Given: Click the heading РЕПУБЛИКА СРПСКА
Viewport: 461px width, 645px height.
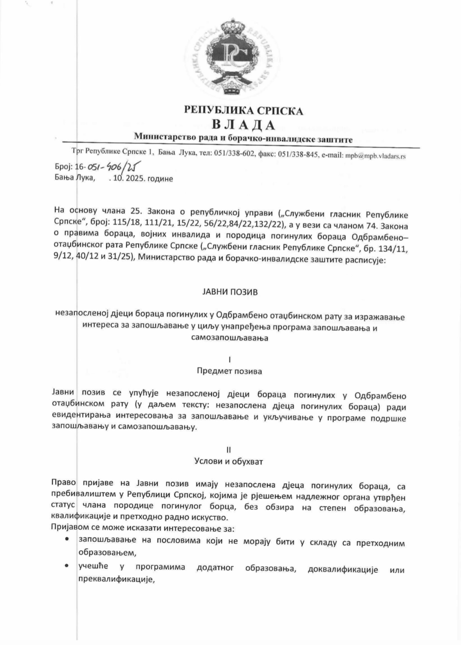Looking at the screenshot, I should (x=243, y=110).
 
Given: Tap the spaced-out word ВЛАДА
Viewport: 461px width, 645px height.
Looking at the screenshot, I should (x=243, y=125).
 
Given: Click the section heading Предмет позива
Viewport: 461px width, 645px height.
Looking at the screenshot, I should (x=230, y=371).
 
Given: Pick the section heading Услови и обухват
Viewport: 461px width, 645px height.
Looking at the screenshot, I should (x=229, y=462).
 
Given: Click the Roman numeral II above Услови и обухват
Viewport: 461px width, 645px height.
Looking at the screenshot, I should (x=228, y=450).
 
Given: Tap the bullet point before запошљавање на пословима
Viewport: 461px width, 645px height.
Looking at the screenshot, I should (x=67, y=540).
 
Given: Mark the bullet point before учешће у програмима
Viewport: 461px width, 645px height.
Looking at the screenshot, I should (x=67, y=566).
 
